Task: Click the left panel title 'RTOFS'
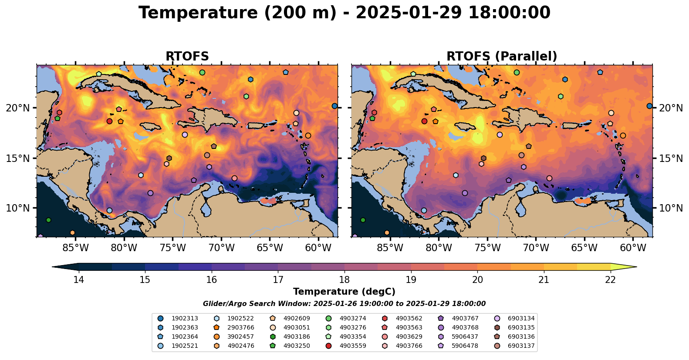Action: pos(187,57)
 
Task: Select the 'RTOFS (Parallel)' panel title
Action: pos(502,57)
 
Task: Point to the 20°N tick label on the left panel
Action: pos(18,108)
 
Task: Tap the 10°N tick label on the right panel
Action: pos(671,208)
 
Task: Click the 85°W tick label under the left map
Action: pos(75,248)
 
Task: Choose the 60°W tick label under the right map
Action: pos(633,248)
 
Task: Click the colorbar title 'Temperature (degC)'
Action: pos(344,292)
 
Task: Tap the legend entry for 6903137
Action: pos(521,346)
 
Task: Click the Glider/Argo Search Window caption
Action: pos(344,304)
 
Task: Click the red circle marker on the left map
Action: pos(109,121)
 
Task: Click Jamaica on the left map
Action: pos(150,126)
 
